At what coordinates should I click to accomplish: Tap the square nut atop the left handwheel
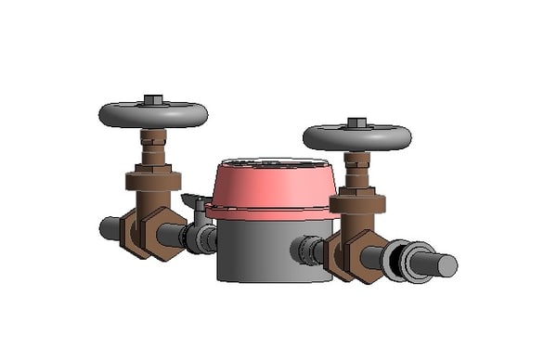(x=153, y=99)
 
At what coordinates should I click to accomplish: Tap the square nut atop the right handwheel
(x=357, y=122)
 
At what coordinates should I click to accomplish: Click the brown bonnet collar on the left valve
(x=153, y=178)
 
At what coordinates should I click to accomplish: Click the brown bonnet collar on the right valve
(x=357, y=201)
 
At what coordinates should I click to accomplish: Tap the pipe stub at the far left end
(x=110, y=228)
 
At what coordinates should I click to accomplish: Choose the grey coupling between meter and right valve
(x=308, y=250)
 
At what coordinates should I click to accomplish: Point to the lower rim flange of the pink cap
(x=269, y=212)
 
